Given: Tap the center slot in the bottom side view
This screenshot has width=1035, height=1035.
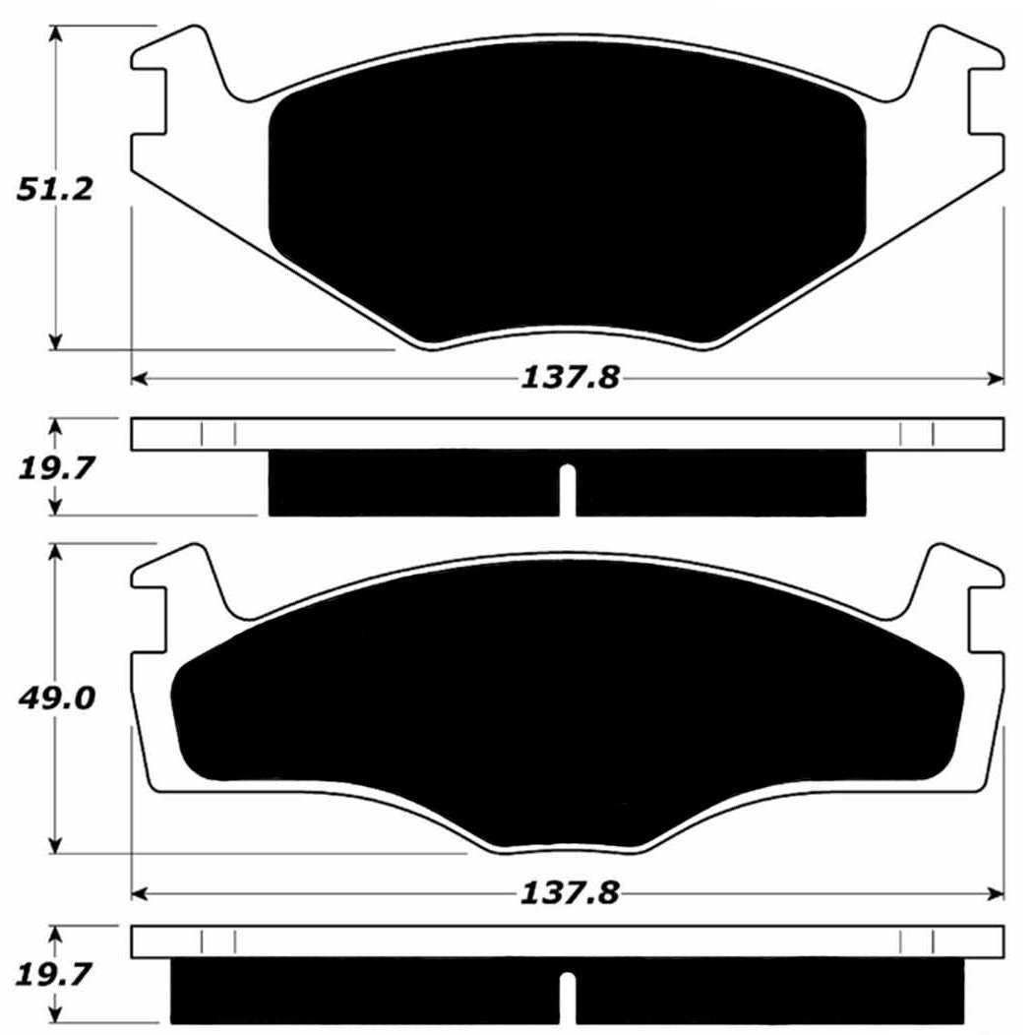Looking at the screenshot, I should point(567,997).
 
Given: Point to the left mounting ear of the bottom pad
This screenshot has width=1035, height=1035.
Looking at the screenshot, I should point(177,580).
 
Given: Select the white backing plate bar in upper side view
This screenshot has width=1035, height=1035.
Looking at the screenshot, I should point(567,434).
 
